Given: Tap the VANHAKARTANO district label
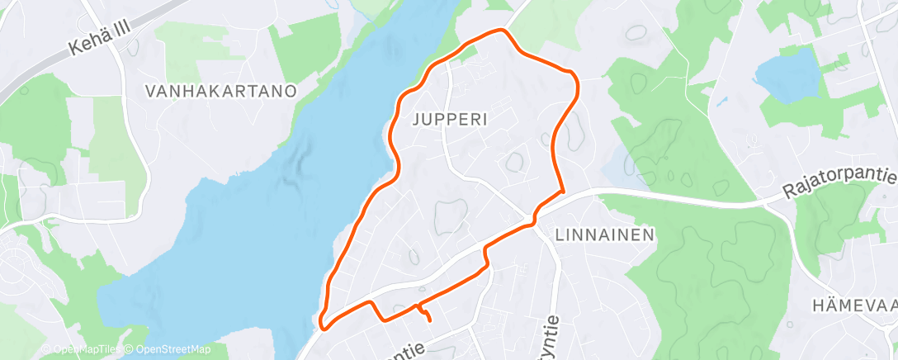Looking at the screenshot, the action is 220,92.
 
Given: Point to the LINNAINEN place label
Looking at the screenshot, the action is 605,234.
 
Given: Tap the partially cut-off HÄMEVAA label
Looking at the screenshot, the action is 854,305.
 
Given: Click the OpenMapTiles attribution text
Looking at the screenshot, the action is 83,350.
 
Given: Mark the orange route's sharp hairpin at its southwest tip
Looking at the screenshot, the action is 323,324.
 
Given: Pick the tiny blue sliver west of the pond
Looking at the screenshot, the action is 721,103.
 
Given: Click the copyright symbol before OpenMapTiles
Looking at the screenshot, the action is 46,350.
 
